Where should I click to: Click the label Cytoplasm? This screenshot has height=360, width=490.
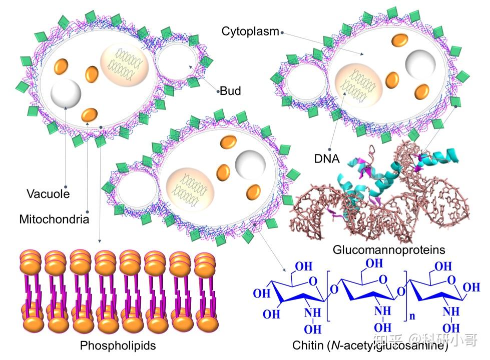point(250,31)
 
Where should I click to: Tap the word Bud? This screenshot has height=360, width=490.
point(231,91)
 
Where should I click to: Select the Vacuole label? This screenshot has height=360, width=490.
point(49,194)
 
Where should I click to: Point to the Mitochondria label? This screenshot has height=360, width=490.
point(54,219)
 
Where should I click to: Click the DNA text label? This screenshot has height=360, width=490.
point(327,159)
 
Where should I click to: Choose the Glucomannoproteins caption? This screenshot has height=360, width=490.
point(389,249)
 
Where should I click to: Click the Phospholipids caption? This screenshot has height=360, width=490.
point(118,345)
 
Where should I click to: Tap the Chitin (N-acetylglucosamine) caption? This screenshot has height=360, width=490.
point(370,345)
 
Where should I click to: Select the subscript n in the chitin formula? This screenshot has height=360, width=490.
point(411,316)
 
